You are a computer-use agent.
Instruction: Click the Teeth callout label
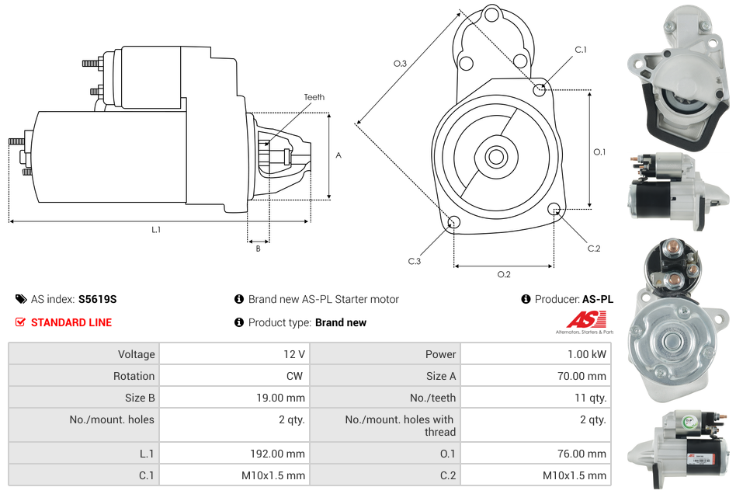[x=314, y=97]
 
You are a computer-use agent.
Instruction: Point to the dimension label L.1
[x=156, y=229]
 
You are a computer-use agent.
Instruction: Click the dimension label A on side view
[x=338, y=155]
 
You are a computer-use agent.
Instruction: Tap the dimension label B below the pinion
[x=258, y=249]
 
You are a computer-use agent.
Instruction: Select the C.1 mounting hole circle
[x=540, y=90]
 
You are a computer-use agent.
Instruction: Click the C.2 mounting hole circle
[x=554, y=209]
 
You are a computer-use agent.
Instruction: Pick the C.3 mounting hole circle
[x=454, y=224]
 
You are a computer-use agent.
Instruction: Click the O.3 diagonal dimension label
[x=401, y=64]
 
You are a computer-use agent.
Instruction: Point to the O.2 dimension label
[x=504, y=273]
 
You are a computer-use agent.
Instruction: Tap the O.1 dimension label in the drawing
[x=599, y=152]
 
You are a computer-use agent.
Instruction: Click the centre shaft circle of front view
[x=495, y=157]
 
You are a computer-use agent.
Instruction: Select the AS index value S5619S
[x=97, y=299]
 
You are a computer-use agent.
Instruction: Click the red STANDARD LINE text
[x=71, y=322]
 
